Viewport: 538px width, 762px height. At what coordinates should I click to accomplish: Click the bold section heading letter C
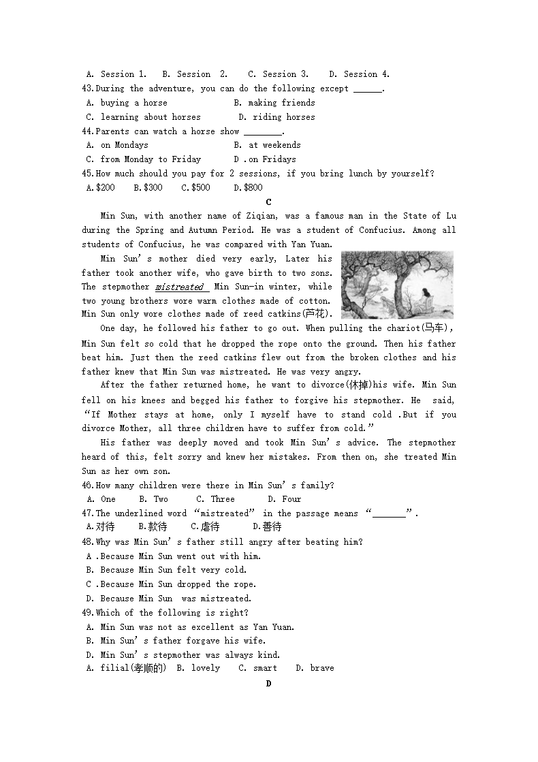[x=268, y=202]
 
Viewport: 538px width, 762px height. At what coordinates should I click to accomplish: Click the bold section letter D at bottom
[x=268, y=683]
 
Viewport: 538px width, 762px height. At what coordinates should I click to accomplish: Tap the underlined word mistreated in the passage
[x=180, y=287]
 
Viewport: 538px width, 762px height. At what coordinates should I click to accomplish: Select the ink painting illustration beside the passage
[x=397, y=285]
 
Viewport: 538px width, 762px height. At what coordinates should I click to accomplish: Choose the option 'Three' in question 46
[x=222, y=499]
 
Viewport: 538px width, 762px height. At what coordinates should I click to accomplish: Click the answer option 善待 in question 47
[x=272, y=526]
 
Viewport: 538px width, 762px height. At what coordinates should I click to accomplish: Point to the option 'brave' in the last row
[x=321, y=669]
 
